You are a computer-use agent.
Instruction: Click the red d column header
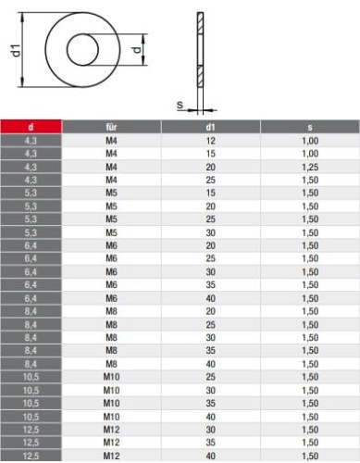tap(31, 127)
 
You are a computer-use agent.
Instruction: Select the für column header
tap(111, 127)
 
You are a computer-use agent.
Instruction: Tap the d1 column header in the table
tap(210, 127)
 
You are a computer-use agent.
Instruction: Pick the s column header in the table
tap(310, 127)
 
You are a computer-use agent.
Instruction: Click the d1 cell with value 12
tap(210, 141)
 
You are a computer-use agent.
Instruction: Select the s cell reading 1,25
tap(310, 167)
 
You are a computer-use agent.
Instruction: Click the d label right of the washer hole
tap(137, 49)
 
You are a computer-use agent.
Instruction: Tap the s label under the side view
tap(180, 105)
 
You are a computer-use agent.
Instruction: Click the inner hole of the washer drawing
tap(82, 50)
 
